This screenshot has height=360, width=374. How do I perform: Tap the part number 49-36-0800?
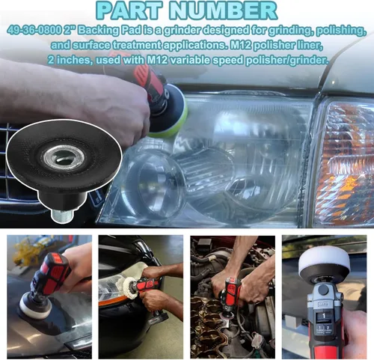coord(34,31)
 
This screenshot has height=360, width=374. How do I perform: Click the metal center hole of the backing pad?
coord(64,158)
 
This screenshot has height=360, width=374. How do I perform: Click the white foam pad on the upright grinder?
coord(324,260)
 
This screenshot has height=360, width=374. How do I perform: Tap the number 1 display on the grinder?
coord(324,316)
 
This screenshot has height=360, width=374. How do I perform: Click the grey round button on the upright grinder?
coord(323,290)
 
